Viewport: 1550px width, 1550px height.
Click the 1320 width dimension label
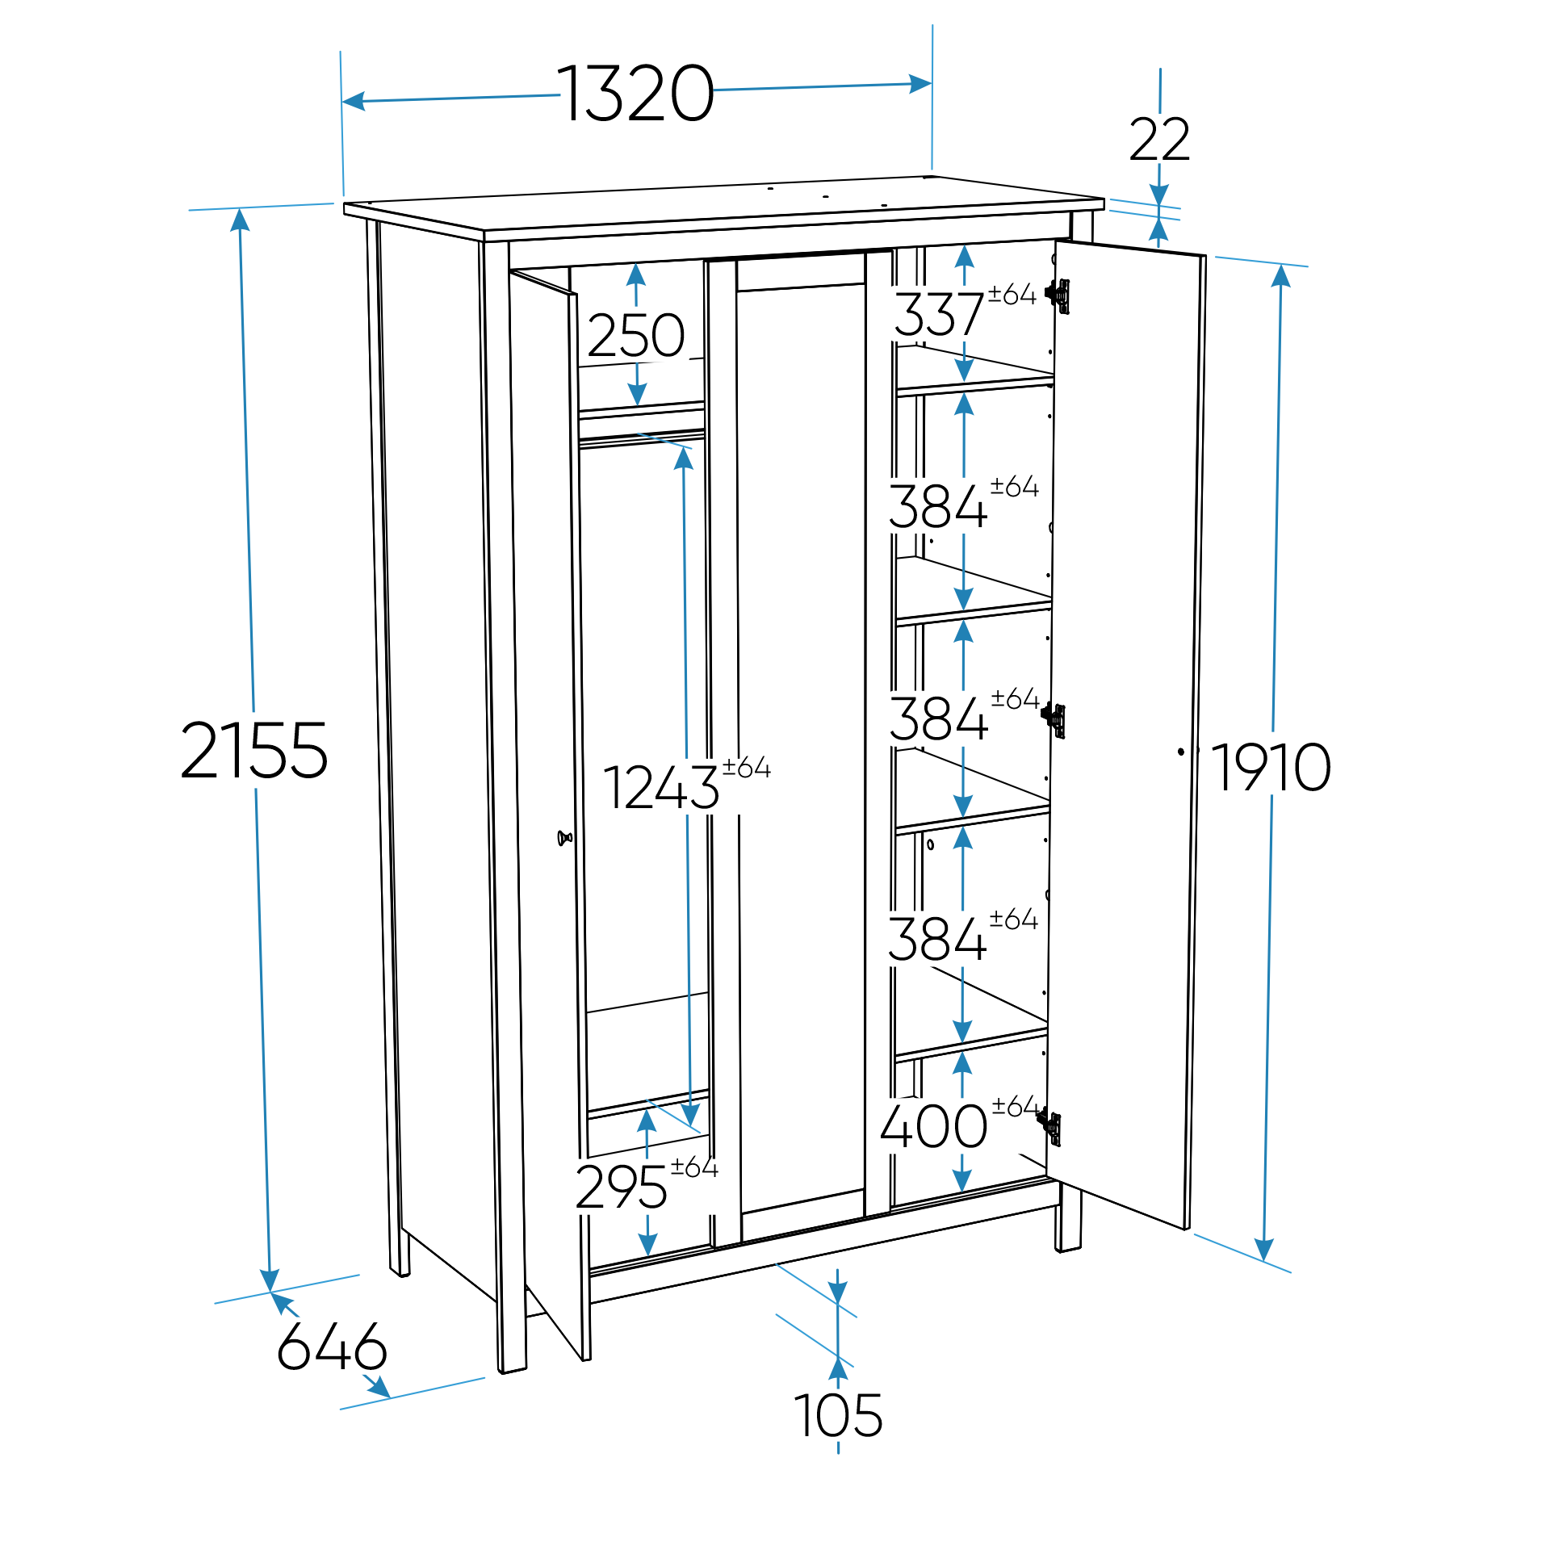coord(635,94)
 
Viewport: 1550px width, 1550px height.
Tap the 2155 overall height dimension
coord(253,752)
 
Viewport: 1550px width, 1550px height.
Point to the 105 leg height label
coord(838,1416)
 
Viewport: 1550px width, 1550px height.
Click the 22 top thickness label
coord(1159,140)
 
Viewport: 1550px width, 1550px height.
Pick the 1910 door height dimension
coord(1271,768)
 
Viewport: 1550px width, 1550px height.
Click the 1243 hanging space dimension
coord(660,788)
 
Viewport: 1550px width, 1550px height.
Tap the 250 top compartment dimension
coord(636,336)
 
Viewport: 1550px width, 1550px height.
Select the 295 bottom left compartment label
coord(621,1188)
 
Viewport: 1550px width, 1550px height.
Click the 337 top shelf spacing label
coord(939,315)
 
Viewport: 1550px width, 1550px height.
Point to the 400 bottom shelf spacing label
coord(933,1127)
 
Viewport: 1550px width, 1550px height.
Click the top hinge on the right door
coord(1058,295)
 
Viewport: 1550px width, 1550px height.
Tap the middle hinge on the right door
coord(1054,718)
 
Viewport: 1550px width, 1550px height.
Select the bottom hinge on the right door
coord(1049,1126)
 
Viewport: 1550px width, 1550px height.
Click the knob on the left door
coord(564,838)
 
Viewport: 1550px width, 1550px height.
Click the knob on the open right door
coord(1182,752)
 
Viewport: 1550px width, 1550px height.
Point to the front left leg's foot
coord(512,1368)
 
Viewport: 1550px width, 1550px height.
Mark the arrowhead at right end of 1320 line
coord(921,84)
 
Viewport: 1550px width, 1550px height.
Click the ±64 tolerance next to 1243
coord(747,767)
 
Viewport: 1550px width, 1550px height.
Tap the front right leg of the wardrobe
coord(1068,1226)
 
